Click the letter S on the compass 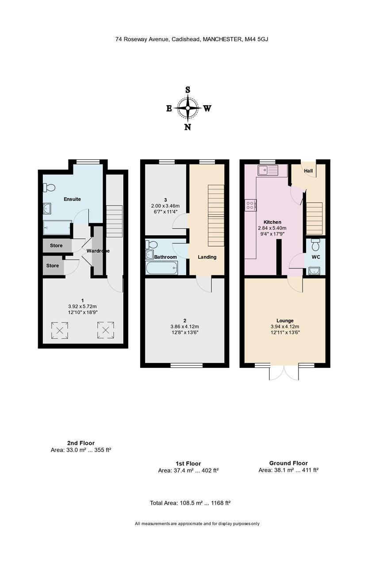click(x=188, y=90)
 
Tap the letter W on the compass click(x=207, y=108)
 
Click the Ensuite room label click(x=72, y=199)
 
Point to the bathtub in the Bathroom click(x=162, y=268)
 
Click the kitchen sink click(x=268, y=170)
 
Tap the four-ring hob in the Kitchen click(x=250, y=205)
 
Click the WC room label click(x=316, y=257)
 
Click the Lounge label click(x=285, y=321)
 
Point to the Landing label click(x=207, y=257)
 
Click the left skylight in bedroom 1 click(x=60, y=330)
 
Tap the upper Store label click(x=56, y=245)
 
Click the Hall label click(x=308, y=171)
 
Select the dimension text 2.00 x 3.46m click(x=165, y=206)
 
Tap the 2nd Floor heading click(x=81, y=443)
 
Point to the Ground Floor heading click(x=288, y=463)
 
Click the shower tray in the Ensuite click(x=57, y=228)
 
